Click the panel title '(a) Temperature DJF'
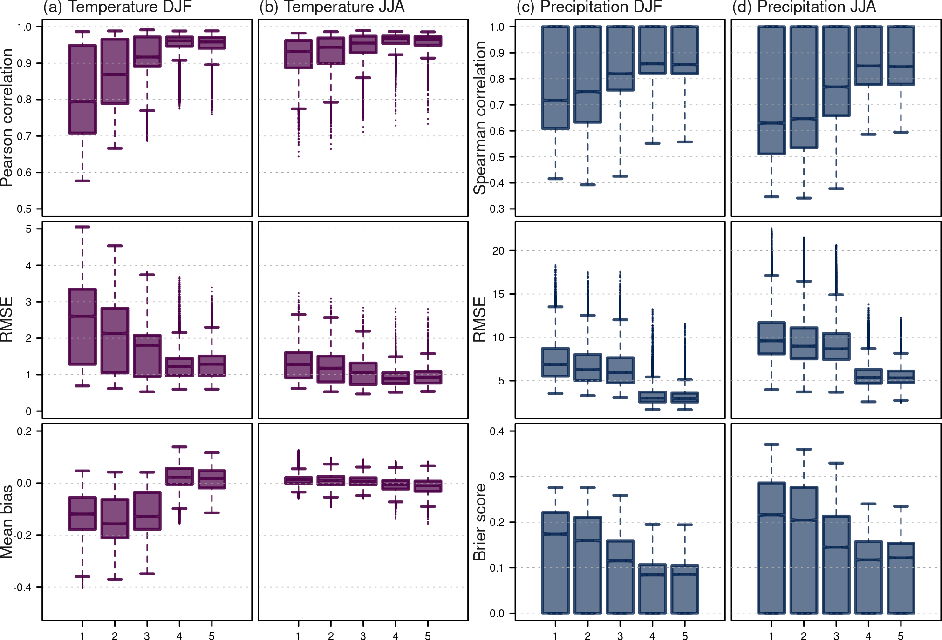tap(117, 7)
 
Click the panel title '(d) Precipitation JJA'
tap(804, 7)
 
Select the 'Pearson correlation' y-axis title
tap(7, 117)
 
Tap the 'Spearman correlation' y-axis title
tap(480, 117)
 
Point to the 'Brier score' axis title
tap(480, 522)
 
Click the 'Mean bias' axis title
tap(7, 522)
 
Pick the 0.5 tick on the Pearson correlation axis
tap(24, 209)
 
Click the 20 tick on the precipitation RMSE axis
tap(498, 251)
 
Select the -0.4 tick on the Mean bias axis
tap(22, 587)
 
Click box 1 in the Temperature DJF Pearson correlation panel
tap(82, 89)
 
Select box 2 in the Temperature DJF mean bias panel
tap(115, 519)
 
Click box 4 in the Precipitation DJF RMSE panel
tap(652, 397)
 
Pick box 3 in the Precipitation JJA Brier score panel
tap(836, 564)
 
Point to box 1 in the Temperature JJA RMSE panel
tap(298, 365)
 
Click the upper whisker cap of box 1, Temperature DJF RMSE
tap(82, 227)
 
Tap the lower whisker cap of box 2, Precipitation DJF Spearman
tap(587, 185)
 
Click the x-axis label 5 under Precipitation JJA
tap(901, 636)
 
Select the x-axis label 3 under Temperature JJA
tap(363, 636)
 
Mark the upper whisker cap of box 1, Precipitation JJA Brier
tap(771, 445)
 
